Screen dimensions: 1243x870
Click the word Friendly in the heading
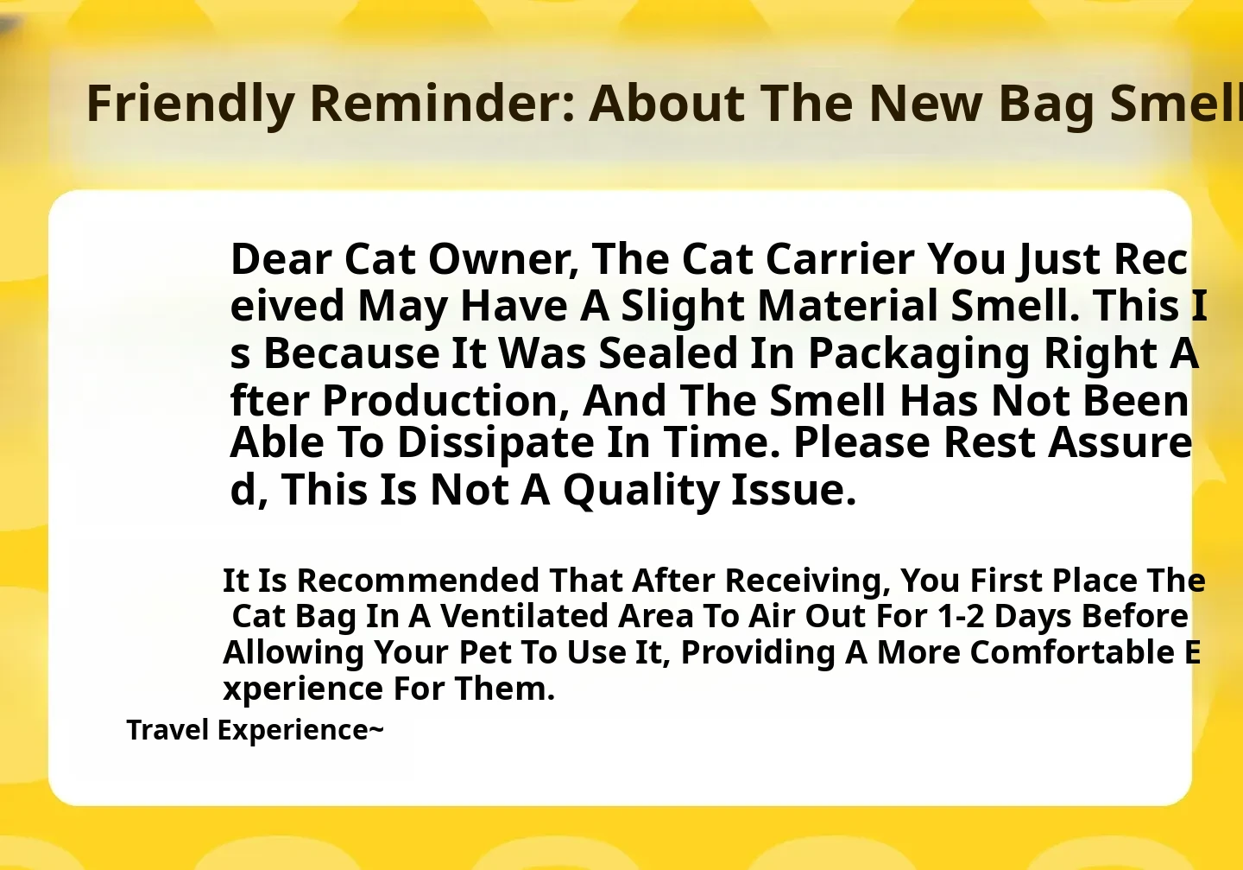190,105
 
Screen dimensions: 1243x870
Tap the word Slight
683,308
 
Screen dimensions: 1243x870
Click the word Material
848,306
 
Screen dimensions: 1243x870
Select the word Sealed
668,353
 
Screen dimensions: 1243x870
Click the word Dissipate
495,444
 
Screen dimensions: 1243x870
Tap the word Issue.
793,490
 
